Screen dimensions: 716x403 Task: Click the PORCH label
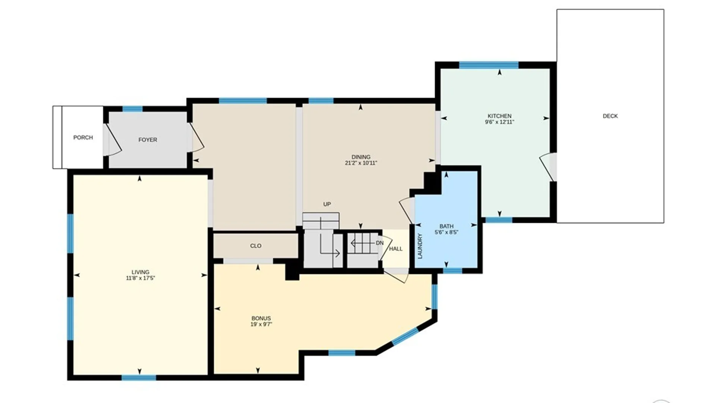point(83,138)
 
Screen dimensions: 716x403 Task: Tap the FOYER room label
point(148,140)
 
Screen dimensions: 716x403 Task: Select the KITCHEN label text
point(499,116)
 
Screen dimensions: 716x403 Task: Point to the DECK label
point(610,116)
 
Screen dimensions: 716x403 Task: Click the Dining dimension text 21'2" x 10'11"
point(361,163)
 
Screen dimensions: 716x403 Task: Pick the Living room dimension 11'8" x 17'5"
point(140,278)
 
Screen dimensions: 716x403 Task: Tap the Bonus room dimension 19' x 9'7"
point(261,324)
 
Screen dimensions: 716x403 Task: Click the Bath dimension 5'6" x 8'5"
point(446,232)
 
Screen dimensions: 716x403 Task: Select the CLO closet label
point(256,246)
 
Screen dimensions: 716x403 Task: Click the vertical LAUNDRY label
point(420,246)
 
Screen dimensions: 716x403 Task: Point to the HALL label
point(396,249)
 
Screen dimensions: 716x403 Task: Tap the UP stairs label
point(327,204)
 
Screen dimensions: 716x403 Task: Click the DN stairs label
point(380,243)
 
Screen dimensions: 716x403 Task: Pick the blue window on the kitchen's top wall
point(489,65)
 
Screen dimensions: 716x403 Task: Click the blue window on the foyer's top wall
point(132,109)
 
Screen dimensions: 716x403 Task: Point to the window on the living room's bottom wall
point(139,378)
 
